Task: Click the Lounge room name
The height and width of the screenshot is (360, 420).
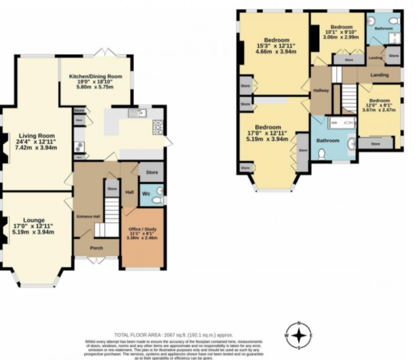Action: pos(31,220)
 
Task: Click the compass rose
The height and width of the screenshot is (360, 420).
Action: pos(299,335)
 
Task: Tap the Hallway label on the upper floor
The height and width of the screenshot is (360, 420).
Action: pos(321,90)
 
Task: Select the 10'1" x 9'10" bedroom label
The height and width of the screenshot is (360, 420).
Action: pos(330,29)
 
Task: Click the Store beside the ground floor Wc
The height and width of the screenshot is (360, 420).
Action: pos(152,173)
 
